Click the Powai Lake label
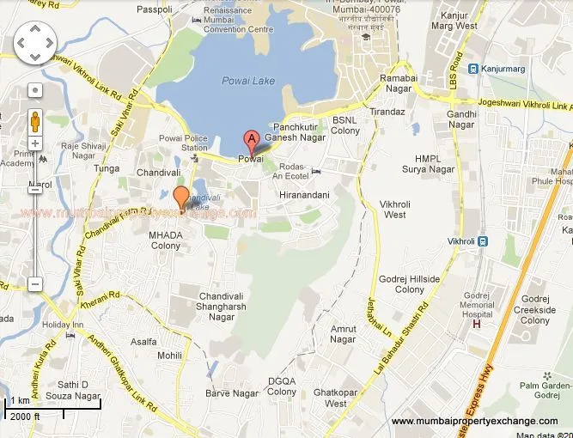point(248,81)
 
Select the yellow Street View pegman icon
point(35,119)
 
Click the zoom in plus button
point(35,143)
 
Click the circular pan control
point(35,40)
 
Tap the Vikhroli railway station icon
point(483,240)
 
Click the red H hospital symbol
point(476,324)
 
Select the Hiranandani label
point(304,196)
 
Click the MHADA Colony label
point(166,240)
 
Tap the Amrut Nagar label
point(343,334)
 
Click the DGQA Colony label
point(281,386)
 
